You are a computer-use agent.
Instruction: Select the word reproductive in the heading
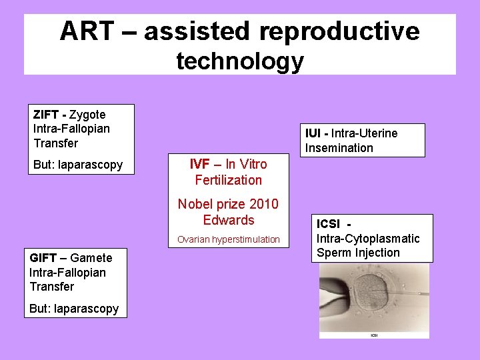[339, 31]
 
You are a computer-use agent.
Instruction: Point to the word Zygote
[87, 115]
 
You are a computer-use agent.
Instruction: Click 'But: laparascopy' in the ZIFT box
[77, 165]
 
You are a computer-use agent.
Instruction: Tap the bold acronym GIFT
[43, 258]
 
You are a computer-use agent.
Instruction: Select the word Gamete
[91, 258]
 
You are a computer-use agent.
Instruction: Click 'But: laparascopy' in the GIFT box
[74, 309]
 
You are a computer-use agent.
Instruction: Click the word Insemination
[339, 148]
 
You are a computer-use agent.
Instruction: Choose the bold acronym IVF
[199, 164]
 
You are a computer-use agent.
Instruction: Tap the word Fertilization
[229, 180]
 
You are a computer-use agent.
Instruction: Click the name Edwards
[229, 220]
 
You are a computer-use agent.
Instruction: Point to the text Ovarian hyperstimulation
[229, 239]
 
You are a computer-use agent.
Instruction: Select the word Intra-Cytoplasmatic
[368, 238]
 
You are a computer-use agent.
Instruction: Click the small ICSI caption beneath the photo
[374, 334]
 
